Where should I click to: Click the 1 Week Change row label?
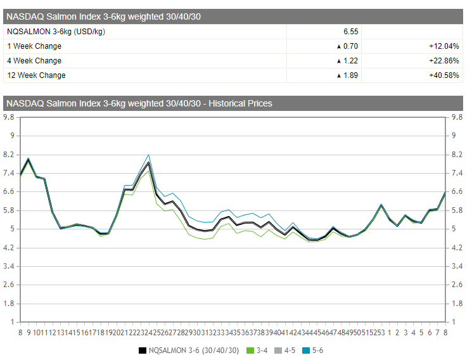[x=34, y=46]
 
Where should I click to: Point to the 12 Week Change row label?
[x=36, y=75]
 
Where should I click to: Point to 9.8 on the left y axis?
[x=10, y=117]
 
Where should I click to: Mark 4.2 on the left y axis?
[x=10, y=247]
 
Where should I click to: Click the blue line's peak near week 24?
[x=148, y=155]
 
